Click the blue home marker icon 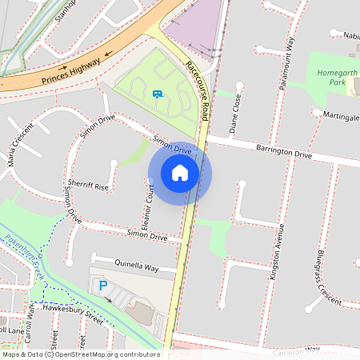(180, 173)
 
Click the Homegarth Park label (331, 77)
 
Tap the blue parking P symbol (102, 286)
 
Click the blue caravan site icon (158, 94)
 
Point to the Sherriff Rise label (88, 185)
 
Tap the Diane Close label (235, 112)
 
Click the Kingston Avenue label (280, 247)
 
